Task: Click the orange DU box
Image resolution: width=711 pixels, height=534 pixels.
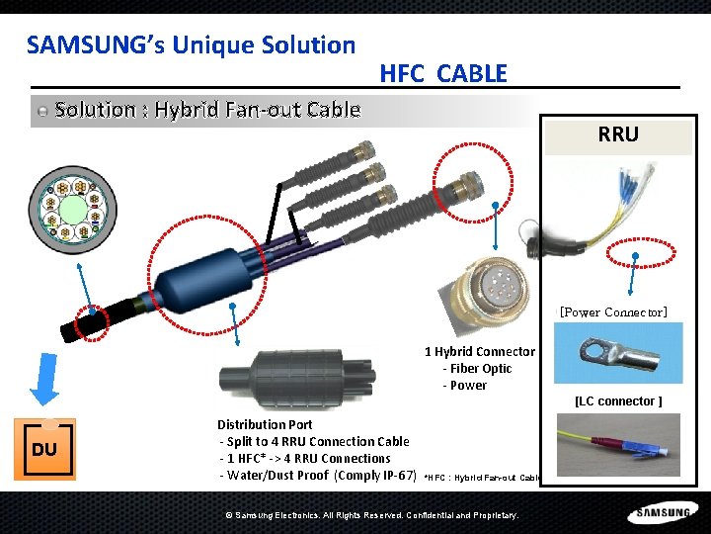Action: click(44, 449)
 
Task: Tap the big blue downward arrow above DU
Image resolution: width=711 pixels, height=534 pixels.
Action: click(44, 379)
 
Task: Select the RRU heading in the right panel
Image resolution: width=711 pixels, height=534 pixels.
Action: click(618, 133)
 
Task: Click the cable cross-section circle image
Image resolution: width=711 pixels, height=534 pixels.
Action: click(72, 210)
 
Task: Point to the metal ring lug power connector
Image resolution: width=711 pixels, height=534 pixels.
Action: click(619, 353)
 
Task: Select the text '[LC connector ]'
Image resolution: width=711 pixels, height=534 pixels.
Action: click(618, 401)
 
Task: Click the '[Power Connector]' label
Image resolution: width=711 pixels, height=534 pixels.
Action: click(613, 312)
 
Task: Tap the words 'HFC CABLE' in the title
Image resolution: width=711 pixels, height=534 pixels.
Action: click(443, 73)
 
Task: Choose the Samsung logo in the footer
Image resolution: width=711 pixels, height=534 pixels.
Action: click(663, 512)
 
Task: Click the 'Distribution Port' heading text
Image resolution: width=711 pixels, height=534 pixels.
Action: click(265, 424)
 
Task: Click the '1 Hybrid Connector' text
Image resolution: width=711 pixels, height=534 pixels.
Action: click(480, 352)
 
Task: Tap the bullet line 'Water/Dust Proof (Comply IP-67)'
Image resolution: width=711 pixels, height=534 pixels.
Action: click(318, 476)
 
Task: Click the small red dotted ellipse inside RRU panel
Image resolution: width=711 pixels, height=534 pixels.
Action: click(641, 252)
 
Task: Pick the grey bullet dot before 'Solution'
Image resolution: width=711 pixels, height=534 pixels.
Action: click(42, 111)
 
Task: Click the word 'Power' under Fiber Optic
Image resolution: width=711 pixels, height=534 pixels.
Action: click(468, 386)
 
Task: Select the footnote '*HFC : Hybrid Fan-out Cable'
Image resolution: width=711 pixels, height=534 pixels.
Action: click(483, 478)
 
